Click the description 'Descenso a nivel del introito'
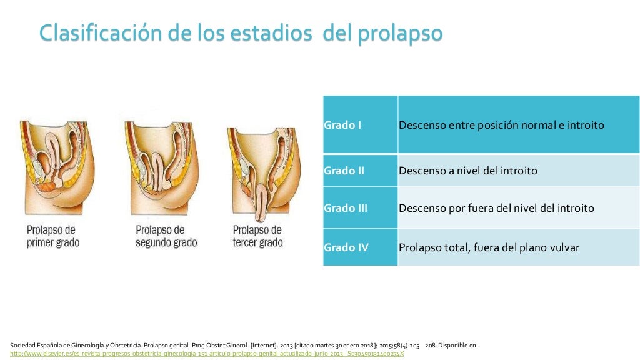pos(467,170)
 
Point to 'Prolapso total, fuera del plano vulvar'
pos(489,247)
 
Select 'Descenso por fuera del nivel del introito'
pos(496,208)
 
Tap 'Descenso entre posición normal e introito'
pos(501,125)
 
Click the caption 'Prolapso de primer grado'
pos(53,236)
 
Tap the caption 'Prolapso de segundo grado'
pos(166,236)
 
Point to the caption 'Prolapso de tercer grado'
pos(257,236)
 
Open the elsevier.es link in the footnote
pos(207,353)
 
